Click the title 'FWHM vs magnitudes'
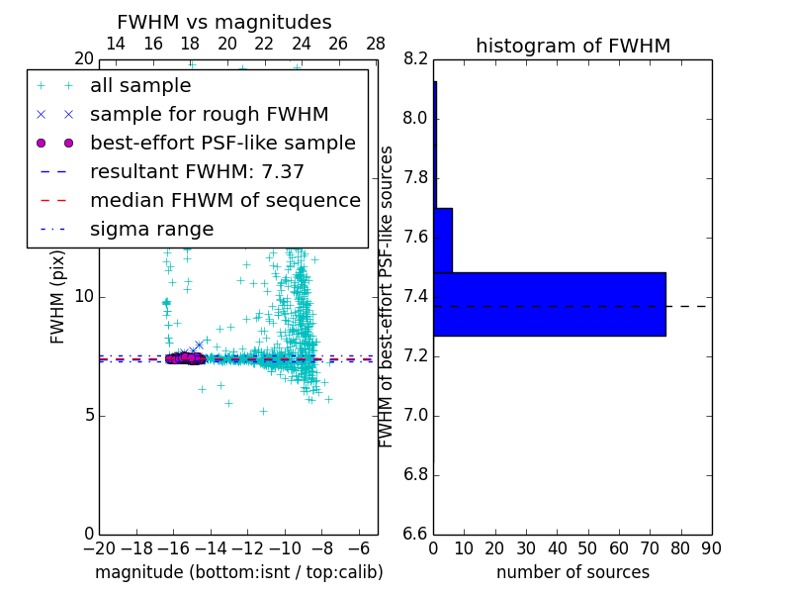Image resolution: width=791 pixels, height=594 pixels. pyautogui.click(x=224, y=23)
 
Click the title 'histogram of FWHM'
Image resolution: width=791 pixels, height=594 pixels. pyautogui.click(x=572, y=46)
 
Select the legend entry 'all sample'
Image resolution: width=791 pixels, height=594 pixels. pyautogui.click(x=140, y=86)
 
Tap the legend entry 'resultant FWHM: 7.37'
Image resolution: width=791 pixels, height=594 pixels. pyautogui.click(x=197, y=171)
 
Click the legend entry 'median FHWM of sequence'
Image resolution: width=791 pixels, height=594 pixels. pyautogui.click(x=224, y=200)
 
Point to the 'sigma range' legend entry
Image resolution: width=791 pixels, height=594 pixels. pyautogui.click(x=151, y=229)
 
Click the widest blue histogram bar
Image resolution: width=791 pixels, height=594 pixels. pyautogui.click(x=550, y=304)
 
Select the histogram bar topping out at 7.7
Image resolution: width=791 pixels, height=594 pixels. pyautogui.click(x=443, y=240)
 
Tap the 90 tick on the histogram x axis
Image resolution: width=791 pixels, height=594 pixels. pyautogui.click(x=710, y=548)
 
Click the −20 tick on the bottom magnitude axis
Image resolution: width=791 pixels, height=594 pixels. pyautogui.click(x=99, y=548)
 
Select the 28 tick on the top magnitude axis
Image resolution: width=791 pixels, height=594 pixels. pyautogui.click(x=376, y=44)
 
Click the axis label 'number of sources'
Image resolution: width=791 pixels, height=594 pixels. pyautogui.click(x=572, y=572)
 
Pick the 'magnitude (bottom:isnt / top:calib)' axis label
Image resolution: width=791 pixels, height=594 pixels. pyautogui.click(x=238, y=572)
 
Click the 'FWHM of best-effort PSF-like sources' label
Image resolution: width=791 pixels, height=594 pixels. pyautogui.click(x=387, y=296)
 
